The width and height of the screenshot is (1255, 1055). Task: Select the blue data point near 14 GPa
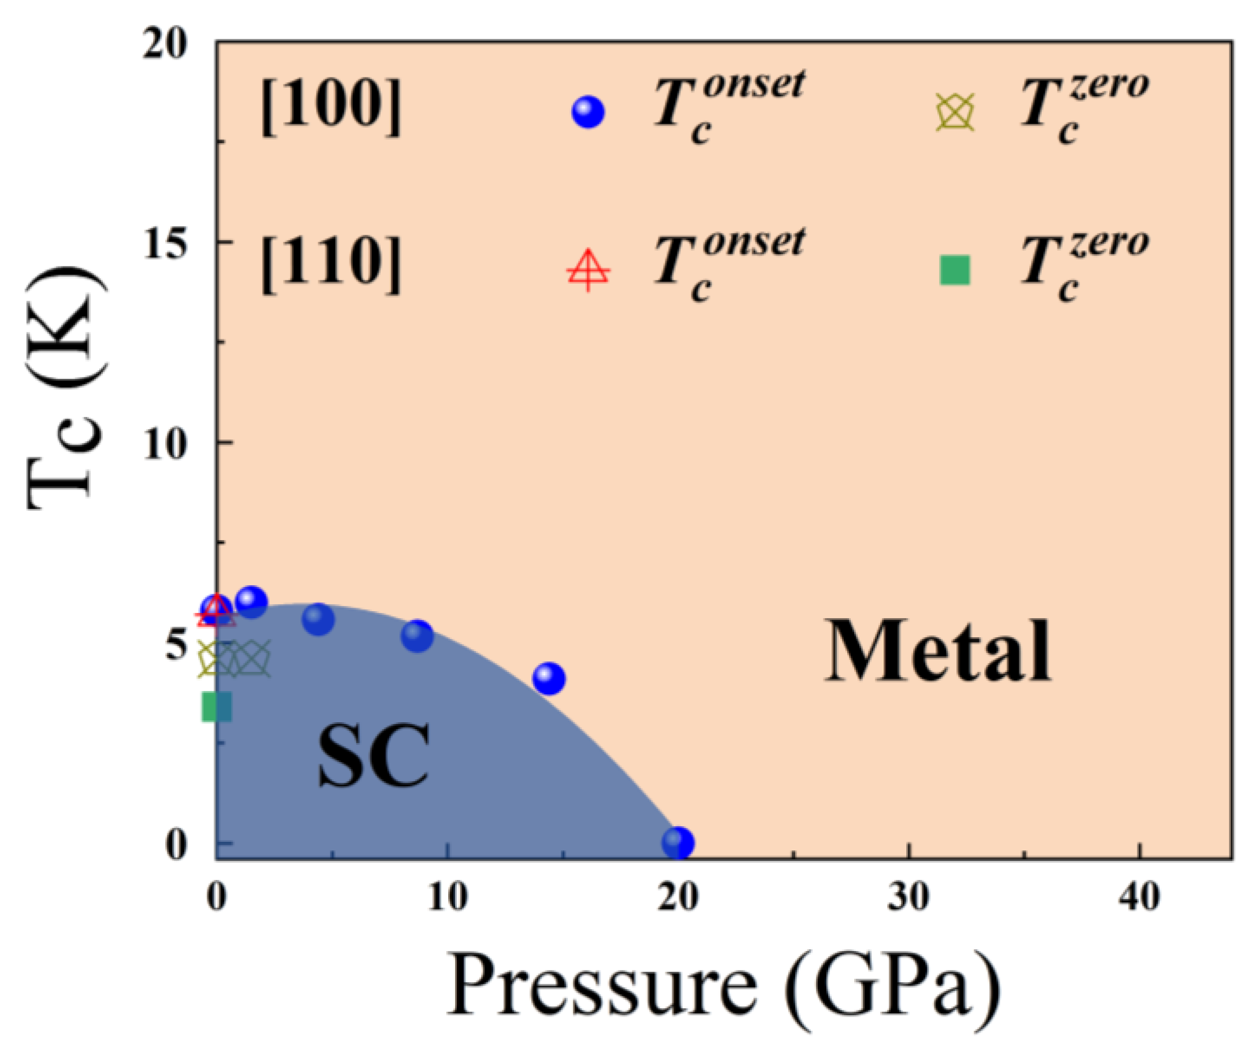(549, 678)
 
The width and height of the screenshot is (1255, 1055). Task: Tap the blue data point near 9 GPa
(417, 635)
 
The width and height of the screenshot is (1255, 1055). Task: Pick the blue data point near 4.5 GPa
(318, 619)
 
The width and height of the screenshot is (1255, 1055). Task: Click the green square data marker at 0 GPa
(217, 707)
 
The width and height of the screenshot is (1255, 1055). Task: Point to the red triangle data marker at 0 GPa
(216, 611)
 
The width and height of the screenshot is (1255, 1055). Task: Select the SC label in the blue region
(373, 756)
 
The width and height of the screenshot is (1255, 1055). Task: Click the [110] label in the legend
(330, 266)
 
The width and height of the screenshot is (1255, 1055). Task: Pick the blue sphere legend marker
(589, 112)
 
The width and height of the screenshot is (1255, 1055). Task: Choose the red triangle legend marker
(589, 270)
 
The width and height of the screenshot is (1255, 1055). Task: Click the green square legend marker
(955, 270)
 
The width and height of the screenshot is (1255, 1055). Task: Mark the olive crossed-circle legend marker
(955, 112)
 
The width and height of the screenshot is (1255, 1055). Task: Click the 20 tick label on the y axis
(165, 44)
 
